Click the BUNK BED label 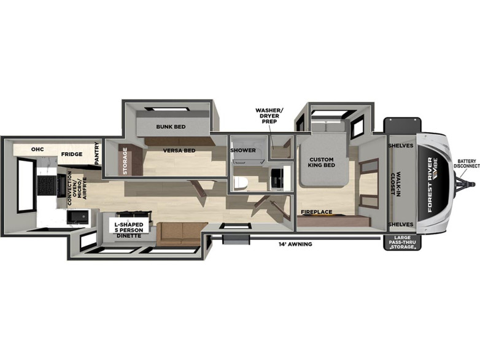(x=171, y=127)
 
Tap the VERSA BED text (x=179, y=151)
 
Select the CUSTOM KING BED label (x=322, y=162)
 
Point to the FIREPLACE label (x=316, y=212)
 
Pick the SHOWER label (x=243, y=150)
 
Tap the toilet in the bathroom (x=240, y=183)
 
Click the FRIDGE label (x=72, y=154)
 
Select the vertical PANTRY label (x=97, y=154)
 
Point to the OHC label (x=37, y=149)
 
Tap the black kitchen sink (x=78, y=217)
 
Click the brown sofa (x=180, y=234)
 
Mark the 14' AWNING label (x=295, y=244)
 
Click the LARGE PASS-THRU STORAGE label (x=403, y=242)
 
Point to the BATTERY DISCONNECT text (x=467, y=163)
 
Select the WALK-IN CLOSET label (x=395, y=184)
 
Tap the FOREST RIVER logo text (x=430, y=185)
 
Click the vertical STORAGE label (x=125, y=161)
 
